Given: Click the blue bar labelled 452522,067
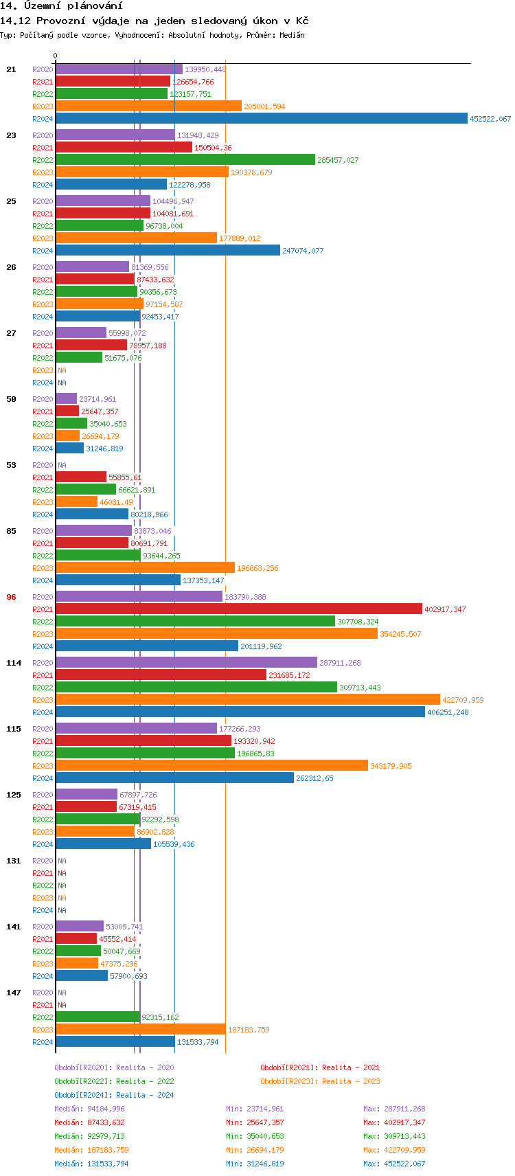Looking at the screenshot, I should click(x=261, y=119).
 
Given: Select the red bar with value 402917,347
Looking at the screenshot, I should click(x=239, y=609).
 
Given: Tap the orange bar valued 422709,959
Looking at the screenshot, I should click(x=247, y=700).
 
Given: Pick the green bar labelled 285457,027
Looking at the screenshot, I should click(x=185, y=160).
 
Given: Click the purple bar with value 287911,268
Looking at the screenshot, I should click(x=186, y=663).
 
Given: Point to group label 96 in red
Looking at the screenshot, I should click(x=11, y=597).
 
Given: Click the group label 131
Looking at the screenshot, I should click(x=14, y=861).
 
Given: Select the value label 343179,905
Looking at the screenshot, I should click(x=391, y=766).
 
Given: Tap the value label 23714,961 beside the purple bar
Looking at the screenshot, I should click(x=98, y=399).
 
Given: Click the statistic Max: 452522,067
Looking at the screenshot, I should click(x=394, y=1164).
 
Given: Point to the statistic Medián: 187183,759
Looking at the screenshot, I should click(x=91, y=1150).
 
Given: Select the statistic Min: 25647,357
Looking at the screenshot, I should click(x=255, y=1122).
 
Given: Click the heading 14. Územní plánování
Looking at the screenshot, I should click(x=61, y=6).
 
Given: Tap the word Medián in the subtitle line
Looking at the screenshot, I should click(x=292, y=35).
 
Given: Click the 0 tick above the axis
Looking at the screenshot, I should click(x=56, y=56).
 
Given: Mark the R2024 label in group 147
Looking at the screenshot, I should click(x=43, y=1042).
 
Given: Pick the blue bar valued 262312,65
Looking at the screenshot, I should click(x=174, y=778).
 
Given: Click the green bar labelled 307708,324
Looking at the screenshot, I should click(x=195, y=622).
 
